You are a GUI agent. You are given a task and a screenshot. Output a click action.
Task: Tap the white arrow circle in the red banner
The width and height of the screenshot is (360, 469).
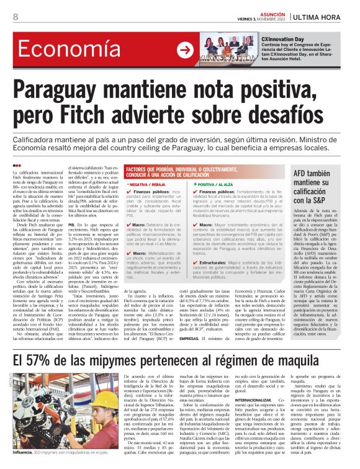tap(184, 50)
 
